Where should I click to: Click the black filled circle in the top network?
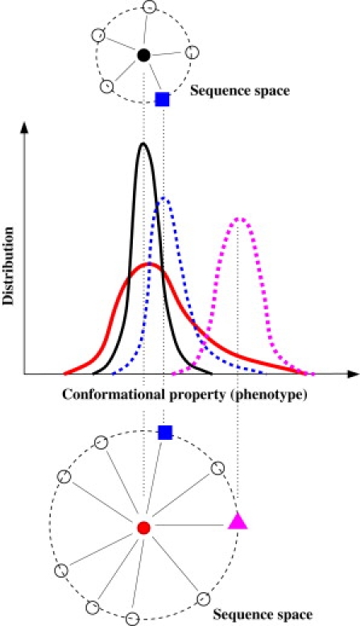(143, 55)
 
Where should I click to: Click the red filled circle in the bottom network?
(143, 529)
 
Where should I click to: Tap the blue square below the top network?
(163, 99)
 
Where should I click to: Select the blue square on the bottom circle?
(164, 433)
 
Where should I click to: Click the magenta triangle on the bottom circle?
(237, 520)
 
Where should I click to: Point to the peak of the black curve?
(143, 144)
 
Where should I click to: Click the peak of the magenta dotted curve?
(239, 218)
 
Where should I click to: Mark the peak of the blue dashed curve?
(163, 198)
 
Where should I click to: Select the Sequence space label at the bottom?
(262, 615)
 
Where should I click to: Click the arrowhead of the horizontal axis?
(353, 375)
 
